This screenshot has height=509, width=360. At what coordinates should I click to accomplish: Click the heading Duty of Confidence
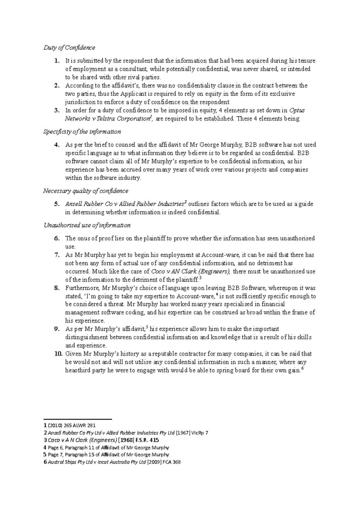(x=69, y=48)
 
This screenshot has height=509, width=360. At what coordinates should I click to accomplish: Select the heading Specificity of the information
(x=82, y=132)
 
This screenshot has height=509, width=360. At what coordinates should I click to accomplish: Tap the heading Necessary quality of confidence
(x=85, y=191)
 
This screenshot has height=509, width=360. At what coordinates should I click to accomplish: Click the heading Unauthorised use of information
(x=87, y=225)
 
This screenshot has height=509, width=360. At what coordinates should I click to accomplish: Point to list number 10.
(x=58, y=354)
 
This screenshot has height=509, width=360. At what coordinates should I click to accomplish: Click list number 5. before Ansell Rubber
(x=57, y=204)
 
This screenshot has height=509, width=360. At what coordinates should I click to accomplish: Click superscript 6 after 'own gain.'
(x=302, y=369)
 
